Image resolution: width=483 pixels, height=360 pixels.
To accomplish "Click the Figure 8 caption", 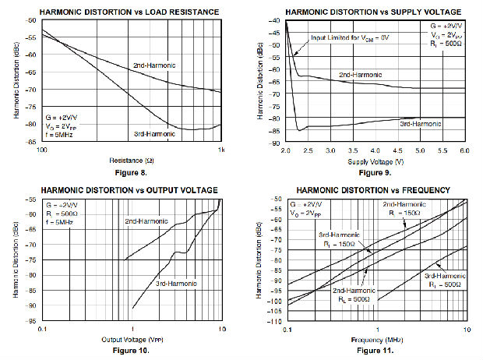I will pyautogui.click(x=129, y=170).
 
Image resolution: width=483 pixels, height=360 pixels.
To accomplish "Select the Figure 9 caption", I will pyautogui.click(x=375, y=170).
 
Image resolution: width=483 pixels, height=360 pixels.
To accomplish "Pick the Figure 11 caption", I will pyautogui.click(x=375, y=350).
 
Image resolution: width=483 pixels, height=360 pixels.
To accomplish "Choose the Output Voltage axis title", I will pyautogui.click(x=130, y=340).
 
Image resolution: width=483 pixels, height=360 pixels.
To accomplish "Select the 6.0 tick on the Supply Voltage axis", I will pyautogui.click(x=465, y=150).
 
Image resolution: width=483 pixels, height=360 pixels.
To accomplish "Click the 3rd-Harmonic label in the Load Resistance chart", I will pyautogui.click(x=154, y=133).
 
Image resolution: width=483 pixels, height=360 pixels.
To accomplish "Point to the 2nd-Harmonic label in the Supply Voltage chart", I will pyautogui.click(x=359, y=74).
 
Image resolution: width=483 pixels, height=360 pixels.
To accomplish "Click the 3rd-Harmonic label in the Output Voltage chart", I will pyautogui.click(x=175, y=279).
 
